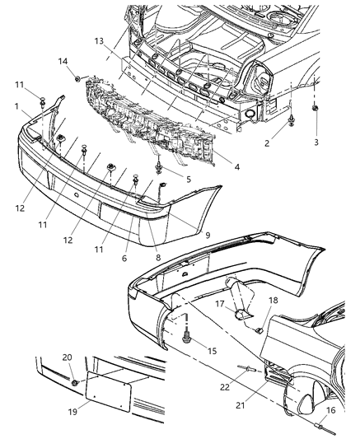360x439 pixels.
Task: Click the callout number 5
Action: point(189,179)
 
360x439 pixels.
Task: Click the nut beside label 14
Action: point(77,79)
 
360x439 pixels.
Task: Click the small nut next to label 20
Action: point(75,383)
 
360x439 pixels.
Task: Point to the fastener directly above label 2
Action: point(293,126)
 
